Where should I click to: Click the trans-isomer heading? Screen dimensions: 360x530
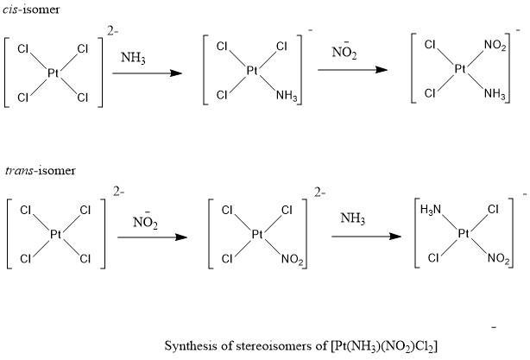coord(28,170)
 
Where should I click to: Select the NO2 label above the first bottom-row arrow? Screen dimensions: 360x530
coord(144,222)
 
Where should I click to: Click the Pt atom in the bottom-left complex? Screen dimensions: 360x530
coord(55,234)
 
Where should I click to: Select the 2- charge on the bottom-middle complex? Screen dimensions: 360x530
coord(319,193)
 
